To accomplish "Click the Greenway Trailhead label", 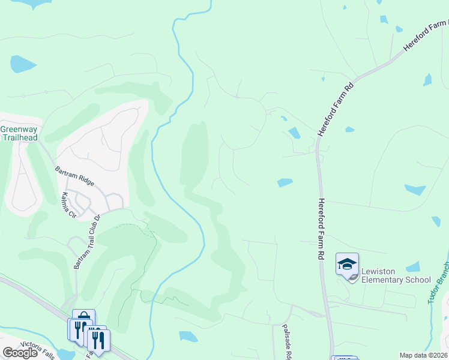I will point(19,133).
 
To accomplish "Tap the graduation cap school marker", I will point(347,265).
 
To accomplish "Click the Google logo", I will point(20,353).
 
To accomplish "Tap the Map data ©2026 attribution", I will point(423,355).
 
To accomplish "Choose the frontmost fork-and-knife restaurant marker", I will point(98,340).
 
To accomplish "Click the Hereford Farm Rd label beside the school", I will point(321,229).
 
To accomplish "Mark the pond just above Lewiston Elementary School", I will point(413,266).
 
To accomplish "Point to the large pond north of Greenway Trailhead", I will point(23,64).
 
